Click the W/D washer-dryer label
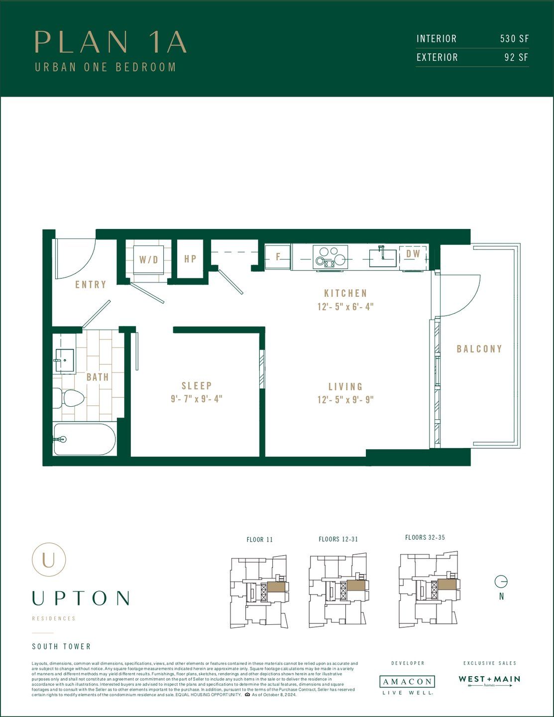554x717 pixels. pos(148,259)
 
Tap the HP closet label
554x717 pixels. pos(190,259)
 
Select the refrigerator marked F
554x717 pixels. pos(278,257)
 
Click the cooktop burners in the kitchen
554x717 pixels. pos(330,257)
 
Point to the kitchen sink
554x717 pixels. pos(382,255)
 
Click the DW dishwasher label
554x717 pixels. pos(413,254)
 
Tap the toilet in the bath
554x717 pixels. pos(70,398)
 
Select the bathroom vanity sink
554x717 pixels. pos(64,358)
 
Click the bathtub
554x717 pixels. pos(85,439)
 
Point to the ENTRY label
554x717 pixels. pos(91,285)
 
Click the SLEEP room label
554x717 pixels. pos(197,386)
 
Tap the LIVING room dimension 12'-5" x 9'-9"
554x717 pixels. pos(345,400)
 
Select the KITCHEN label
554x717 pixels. pos(345,293)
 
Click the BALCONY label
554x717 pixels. pos(479,349)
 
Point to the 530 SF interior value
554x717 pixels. pos(514,39)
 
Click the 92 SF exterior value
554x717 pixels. pos(516,57)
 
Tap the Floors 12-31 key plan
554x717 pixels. pos(338,590)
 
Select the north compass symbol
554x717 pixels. pos(501,581)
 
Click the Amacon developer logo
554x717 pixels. pos(407,682)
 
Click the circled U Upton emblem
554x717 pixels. pos(49,559)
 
